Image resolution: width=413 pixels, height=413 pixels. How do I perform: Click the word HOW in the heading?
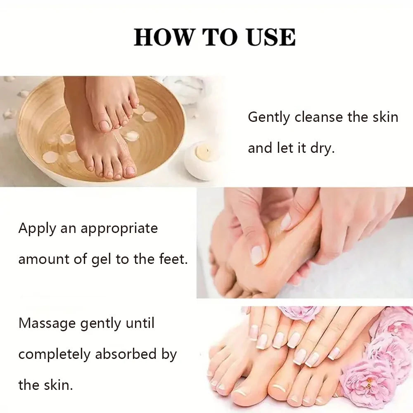pos(163,37)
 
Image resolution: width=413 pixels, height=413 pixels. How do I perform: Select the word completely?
pos(55,354)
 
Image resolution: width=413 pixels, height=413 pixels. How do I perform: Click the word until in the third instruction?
pos(139,323)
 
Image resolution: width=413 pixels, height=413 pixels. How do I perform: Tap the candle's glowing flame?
pos(202,151)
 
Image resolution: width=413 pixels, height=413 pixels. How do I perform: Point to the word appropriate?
pos(119,229)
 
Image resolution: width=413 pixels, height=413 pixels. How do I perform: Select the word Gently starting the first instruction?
pos(269,117)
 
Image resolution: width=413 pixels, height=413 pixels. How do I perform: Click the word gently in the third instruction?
pos(101,323)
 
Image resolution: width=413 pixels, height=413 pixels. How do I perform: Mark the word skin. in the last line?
pos(57,385)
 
